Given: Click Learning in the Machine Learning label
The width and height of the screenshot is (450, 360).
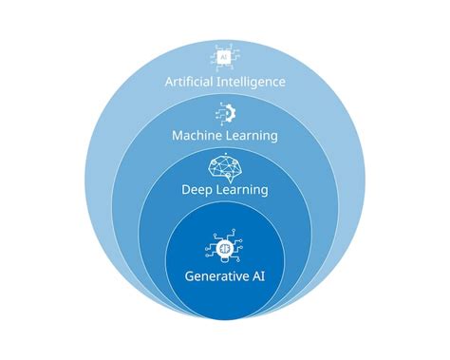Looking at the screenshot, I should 252,136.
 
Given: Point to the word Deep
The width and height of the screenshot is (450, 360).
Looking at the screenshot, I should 197,190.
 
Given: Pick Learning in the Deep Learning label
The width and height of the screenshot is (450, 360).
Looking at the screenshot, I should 240,190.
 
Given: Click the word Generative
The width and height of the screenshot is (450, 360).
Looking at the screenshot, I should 216,276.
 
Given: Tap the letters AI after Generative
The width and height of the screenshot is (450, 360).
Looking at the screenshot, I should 256,276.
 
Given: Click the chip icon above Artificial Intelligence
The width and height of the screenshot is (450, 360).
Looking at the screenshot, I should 224,57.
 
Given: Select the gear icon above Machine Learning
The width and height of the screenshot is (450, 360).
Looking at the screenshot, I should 225,112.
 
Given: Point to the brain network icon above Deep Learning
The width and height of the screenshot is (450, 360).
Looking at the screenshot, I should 225,166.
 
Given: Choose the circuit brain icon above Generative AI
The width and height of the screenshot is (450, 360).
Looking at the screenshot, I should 225,250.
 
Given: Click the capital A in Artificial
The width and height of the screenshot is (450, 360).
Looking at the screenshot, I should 169,82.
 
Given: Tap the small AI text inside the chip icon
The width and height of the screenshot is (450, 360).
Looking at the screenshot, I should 224,57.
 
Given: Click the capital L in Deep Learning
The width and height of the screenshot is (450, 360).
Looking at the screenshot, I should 216,190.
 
